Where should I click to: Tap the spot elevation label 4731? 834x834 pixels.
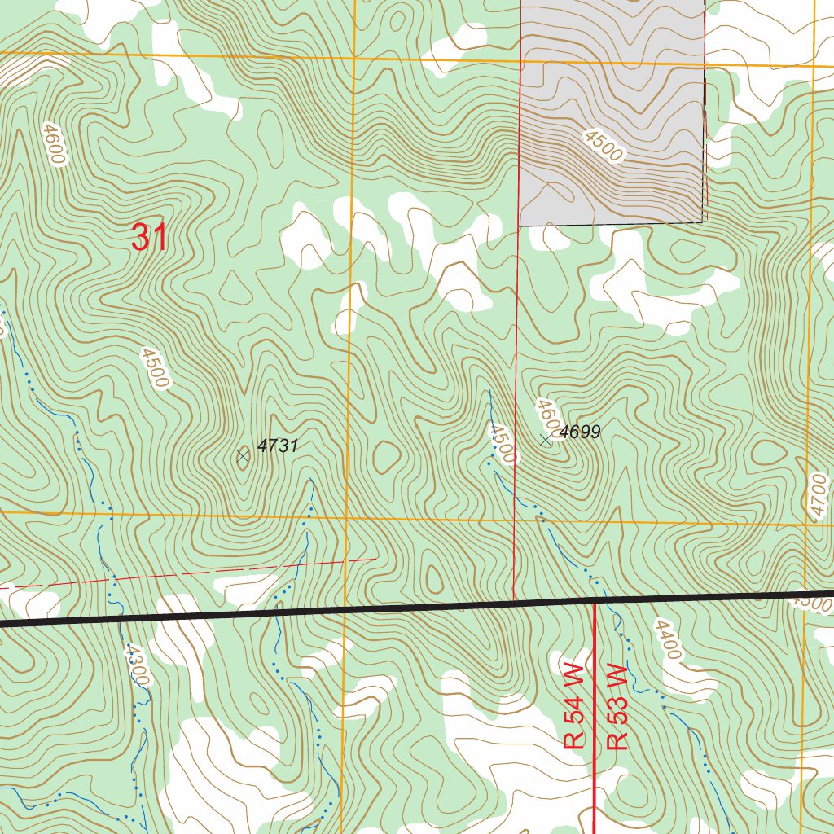[x=279, y=446]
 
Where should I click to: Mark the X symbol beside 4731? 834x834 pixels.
[x=243, y=456]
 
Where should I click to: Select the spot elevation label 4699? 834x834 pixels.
[x=580, y=432]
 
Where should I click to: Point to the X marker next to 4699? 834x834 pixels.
[x=546, y=440]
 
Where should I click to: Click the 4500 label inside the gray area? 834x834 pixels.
[x=604, y=145]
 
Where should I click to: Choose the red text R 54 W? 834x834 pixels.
[x=574, y=706]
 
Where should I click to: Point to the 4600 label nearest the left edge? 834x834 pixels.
[x=51, y=144]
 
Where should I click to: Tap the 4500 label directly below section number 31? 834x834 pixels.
[x=154, y=368]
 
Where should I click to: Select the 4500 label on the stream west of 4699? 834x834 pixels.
[x=503, y=444]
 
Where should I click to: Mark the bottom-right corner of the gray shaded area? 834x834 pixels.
[x=702, y=222]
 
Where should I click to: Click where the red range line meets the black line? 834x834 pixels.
[x=595, y=601]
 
